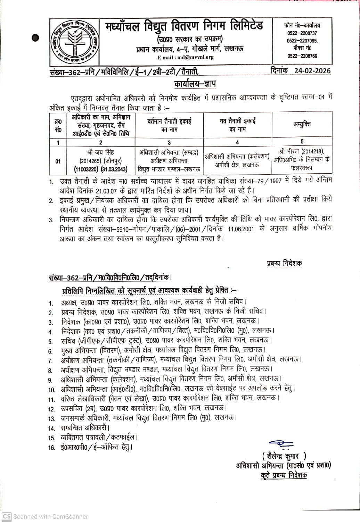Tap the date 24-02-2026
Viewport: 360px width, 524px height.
tap(312, 70)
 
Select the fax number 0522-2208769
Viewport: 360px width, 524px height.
tap(302, 56)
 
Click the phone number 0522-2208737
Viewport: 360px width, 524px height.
tap(302, 33)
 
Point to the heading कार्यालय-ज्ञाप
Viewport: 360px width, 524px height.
tap(195, 84)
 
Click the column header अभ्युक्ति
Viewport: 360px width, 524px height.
tap(302, 124)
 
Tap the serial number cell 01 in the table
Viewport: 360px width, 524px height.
tap(58, 161)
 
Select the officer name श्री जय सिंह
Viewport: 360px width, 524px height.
tap(100, 152)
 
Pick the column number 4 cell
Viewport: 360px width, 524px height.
tap(237, 142)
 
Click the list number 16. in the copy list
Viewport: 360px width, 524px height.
tap(52, 448)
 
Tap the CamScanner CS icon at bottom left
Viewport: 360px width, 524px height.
tap(7, 516)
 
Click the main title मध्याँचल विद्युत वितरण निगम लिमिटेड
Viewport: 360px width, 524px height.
tap(185, 26)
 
